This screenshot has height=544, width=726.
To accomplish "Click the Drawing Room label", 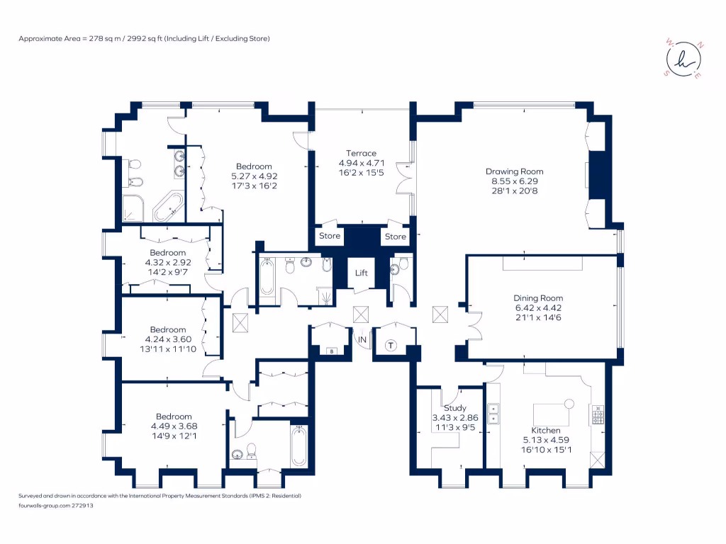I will (514, 171).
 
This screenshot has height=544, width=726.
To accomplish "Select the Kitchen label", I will (546, 430).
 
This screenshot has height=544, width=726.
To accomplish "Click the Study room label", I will (454, 408).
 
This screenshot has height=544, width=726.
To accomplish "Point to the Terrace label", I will (361, 153).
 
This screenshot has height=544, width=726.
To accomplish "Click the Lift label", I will (361, 271).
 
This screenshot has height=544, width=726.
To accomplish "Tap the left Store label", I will (330, 236).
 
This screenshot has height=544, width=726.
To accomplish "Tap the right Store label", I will (396, 236).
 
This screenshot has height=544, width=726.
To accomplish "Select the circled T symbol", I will (391, 345).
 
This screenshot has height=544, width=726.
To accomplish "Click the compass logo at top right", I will (683, 62).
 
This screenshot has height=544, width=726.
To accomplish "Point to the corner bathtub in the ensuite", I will (168, 206).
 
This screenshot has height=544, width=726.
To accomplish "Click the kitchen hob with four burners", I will (598, 414).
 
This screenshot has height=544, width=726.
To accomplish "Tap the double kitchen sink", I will (493, 414).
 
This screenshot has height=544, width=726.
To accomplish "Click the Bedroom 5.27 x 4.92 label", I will (254, 166).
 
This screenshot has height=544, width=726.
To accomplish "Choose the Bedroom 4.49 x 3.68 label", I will (174, 416).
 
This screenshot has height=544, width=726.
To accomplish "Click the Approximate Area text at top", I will (144, 38).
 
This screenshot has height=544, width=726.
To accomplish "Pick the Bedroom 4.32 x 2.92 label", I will (167, 253).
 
